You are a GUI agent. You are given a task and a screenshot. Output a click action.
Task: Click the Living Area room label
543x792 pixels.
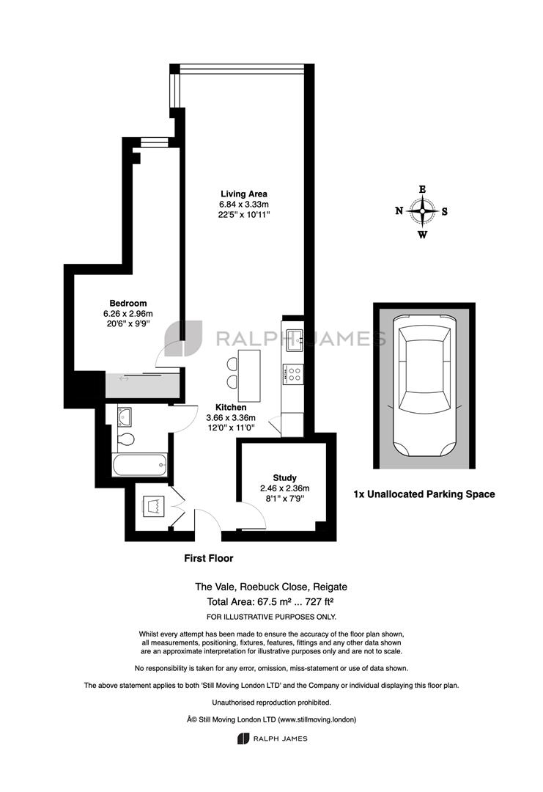point(244,194)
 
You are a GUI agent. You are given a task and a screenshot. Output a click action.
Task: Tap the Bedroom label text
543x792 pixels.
point(128,303)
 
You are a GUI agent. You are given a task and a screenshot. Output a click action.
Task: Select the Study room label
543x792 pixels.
point(284,478)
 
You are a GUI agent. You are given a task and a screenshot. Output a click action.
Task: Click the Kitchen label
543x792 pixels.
point(231,407)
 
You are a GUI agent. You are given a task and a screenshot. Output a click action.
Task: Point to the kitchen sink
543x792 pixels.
point(294,340)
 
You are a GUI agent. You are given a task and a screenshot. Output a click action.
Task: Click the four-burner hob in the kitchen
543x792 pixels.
point(293,374)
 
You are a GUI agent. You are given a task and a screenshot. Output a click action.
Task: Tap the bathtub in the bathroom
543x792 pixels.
point(140,465)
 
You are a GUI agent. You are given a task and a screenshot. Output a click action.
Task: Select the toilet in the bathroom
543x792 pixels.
point(125,439)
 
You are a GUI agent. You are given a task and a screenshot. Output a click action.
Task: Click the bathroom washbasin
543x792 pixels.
point(124,417)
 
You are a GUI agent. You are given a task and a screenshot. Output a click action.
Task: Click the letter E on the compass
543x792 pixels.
point(422,189)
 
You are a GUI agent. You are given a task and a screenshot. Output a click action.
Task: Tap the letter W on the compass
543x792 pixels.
point(423,235)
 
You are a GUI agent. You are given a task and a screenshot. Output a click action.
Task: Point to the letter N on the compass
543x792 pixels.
point(399,210)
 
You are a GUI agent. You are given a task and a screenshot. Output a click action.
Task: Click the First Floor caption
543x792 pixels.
point(208,558)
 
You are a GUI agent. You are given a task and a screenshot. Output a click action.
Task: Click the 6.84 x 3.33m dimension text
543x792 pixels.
point(244,204)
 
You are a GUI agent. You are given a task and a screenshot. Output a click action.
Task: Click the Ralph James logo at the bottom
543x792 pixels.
point(272,738)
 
